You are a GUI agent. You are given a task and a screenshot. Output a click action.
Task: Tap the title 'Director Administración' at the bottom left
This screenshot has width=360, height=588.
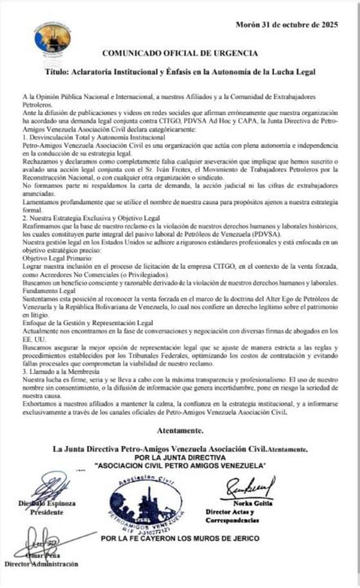point(44,563)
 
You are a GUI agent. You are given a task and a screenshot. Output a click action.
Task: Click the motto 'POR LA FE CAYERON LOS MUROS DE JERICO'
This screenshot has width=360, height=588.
point(180,538)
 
